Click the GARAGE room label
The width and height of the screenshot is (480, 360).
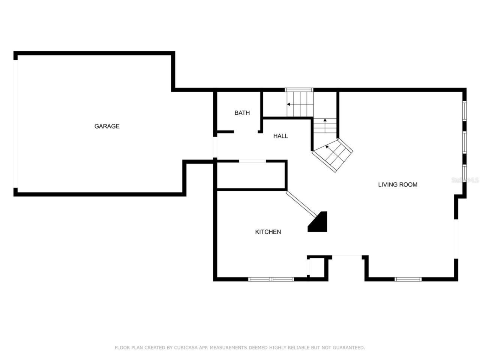click(x=107, y=126)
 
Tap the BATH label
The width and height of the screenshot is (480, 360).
click(x=242, y=113)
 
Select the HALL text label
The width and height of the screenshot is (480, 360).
click(x=280, y=136)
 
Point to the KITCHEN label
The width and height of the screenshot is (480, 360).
click(x=268, y=232)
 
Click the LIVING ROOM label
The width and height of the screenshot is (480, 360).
click(x=397, y=184)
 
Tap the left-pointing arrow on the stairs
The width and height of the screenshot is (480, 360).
click(x=289, y=104)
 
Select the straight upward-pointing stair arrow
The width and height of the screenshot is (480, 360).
click(x=325, y=120)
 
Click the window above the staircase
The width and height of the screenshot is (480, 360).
click(x=299, y=90)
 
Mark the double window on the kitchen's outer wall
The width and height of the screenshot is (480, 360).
click(x=271, y=279)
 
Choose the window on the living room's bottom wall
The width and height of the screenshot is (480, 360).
click(x=408, y=279)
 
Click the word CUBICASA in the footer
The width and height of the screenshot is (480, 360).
click(x=186, y=348)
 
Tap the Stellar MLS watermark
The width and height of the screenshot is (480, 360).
click(x=465, y=180)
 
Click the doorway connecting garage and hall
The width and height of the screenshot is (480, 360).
click(x=215, y=147)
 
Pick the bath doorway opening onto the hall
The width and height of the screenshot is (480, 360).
click(x=246, y=132)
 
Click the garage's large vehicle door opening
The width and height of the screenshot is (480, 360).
click(x=15, y=124)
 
